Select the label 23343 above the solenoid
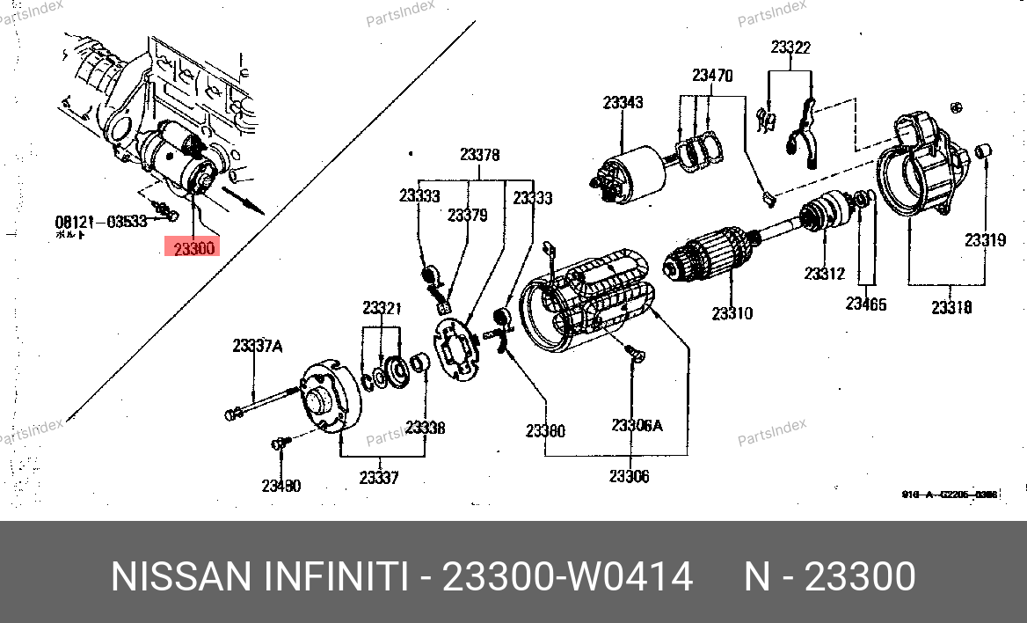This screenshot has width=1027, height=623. pos(623,103)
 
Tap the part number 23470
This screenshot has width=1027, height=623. pos(711,76)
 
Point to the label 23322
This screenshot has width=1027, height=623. pos(790,48)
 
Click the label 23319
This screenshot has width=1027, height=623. pos(985,239)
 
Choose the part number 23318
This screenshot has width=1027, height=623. pos(951,307)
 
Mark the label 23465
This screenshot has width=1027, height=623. pos(866,304)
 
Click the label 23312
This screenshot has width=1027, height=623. pos(824,274)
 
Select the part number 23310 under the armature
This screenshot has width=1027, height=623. pos(732,312)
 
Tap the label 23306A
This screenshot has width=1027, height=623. pos(637,426)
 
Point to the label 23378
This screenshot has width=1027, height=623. pos(479,155)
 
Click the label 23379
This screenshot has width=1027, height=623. pos(467,215)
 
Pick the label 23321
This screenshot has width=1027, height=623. pos(382,308)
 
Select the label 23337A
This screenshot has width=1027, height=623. pos(257,347)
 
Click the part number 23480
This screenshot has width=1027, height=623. pos(280,486)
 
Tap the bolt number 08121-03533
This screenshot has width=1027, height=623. pos(101,221)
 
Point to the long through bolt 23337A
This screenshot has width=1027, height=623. pos(264,404)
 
